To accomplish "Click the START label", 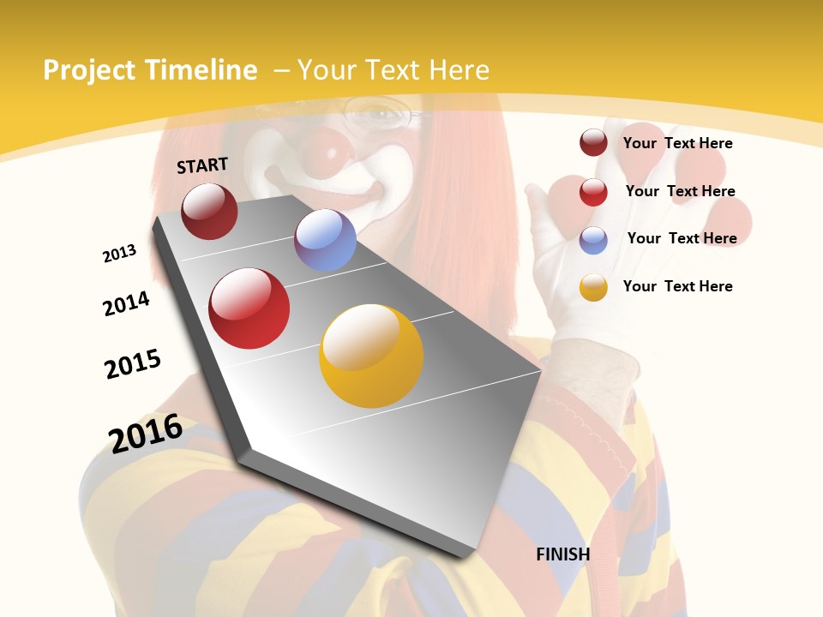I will (202, 165).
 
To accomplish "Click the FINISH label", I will (563, 554).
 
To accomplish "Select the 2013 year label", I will (119, 254).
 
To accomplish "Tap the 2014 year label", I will (126, 304).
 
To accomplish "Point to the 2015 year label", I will (133, 364).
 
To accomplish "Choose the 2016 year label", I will (146, 434).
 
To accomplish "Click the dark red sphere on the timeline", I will (209, 211).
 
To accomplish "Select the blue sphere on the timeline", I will (325, 240).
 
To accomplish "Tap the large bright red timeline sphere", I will (249, 308).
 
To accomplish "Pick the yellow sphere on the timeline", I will (371, 356).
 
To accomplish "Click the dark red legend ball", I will (593, 143).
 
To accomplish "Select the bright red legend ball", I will (593, 192).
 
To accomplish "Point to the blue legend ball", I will (593, 240).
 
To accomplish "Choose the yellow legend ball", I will (593, 287).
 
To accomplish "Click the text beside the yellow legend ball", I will (677, 286).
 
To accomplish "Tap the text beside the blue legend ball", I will (682, 238).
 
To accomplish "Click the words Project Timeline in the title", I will (150, 70).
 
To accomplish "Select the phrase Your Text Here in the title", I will (393, 70).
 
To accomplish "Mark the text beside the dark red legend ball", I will (677, 143).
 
